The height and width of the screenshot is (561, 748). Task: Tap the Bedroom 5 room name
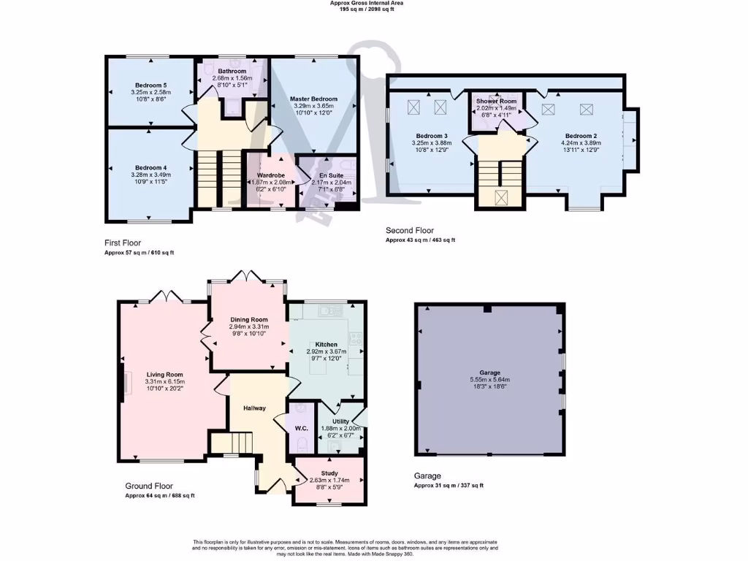[150, 85]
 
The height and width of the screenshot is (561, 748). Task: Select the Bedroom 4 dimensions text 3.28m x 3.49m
[150, 175]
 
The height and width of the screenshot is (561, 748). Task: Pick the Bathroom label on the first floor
[232, 71]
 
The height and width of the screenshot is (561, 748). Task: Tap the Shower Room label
[496, 101]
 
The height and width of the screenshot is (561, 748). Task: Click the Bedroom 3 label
[432, 136]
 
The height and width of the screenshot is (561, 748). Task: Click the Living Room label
[164, 374]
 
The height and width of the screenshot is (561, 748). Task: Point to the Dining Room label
[249, 319]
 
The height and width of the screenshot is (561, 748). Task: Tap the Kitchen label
[326, 343]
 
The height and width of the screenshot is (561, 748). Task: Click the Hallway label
[254, 408]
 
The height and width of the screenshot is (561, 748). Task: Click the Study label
[329, 473]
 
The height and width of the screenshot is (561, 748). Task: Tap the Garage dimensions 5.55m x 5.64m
[490, 380]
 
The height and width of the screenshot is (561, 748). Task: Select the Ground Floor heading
[148, 486]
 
